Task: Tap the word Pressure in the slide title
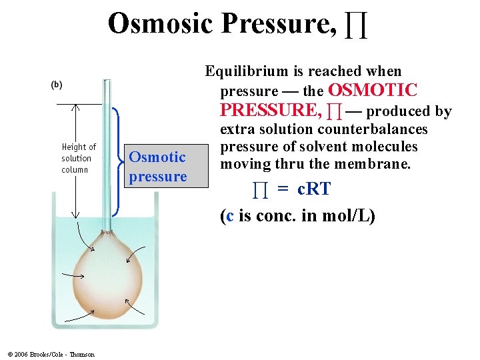pyautogui.click(x=278, y=23)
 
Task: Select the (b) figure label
pyautogui.click(x=57, y=85)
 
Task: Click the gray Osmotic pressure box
pyautogui.click(x=158, y=167)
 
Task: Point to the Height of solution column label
pyautogui.click(x=78, y=158)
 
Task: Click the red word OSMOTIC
pyautogui.click(x=373, y=91)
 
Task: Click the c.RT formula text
pyautogui.click(x=314, y=189)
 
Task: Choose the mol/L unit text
pyautogui.click(x=352, y=215)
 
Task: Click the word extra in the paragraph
pyautogui.click(x=237, y=129)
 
